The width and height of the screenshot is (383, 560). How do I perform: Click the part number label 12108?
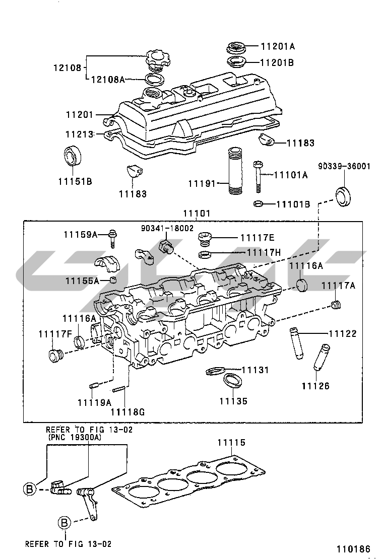coord(68,67)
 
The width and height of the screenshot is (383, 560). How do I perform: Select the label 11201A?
coord(278,46)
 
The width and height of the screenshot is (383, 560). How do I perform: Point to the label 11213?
coord(79,134)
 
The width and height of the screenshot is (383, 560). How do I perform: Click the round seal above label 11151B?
coord(73,156)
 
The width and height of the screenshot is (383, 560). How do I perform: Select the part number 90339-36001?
coord(344,166)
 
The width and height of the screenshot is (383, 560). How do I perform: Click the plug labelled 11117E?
coord(205,238)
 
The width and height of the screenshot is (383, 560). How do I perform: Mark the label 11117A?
coord(338,286)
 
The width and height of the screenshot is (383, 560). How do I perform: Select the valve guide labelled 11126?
coord(322,357)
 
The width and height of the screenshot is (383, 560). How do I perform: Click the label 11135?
coord(233,401)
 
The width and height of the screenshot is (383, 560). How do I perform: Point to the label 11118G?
coord(127,412)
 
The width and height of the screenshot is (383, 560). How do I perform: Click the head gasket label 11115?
coord(232,443)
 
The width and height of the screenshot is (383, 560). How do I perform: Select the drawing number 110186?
coord(353,549)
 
